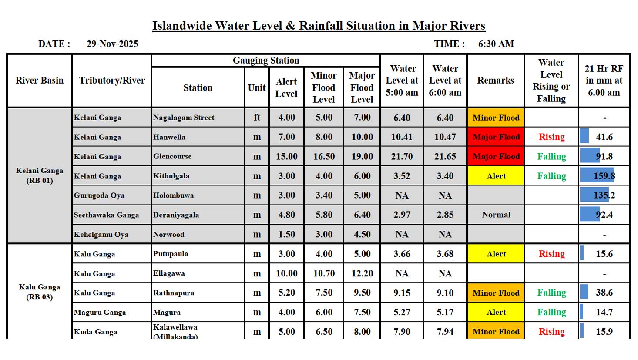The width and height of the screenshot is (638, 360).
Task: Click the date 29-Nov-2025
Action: click(x=112, y=44)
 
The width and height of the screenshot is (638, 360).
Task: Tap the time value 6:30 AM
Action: click(x=496, y=44)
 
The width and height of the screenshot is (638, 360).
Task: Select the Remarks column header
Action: click(x=495, y=81)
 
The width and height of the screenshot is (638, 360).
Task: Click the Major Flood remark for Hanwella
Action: click(x=496, y=137)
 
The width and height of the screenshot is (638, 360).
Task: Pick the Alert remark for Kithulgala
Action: click(x=496, y=176)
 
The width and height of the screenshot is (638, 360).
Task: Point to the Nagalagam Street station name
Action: click(x=184, y=118)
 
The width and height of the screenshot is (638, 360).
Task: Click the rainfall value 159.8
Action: click(x=604, y=176)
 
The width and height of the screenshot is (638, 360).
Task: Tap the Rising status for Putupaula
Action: click(x=551, y=254)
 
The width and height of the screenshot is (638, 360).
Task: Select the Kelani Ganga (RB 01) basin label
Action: click(x=40, y=175)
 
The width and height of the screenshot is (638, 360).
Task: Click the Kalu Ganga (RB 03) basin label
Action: click(x=40, y=292)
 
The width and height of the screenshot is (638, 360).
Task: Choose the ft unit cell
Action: click(x=257, y=118)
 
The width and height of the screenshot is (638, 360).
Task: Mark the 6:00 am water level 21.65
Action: click(x=445, y=156)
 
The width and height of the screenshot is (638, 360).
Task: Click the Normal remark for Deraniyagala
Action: click(x=496, y=215)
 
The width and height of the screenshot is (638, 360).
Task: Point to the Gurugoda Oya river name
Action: click(x=99, y=195)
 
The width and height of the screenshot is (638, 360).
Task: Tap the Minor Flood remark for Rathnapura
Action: click(x=496, y=293)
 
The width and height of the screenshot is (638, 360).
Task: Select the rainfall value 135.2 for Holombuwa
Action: click(x=604, y=195)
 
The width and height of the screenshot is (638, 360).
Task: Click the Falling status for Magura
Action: click(x=551, y=312)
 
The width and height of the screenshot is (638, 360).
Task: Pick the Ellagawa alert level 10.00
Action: click(x=286, y=273)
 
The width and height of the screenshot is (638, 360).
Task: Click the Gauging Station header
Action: click(x=266, y=61)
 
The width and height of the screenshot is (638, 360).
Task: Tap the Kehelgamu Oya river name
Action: click(x=101, y=235)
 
